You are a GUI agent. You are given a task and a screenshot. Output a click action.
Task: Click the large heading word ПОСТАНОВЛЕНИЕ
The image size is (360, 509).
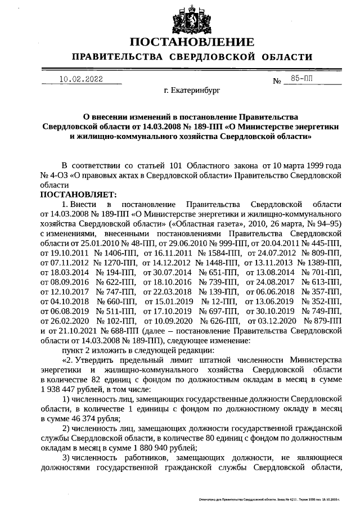click(x=192, y=43)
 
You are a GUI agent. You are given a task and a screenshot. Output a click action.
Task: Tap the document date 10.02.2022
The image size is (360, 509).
click(x=81, y=79)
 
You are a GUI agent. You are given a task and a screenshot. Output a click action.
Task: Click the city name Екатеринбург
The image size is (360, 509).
click(x=196, y=89)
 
